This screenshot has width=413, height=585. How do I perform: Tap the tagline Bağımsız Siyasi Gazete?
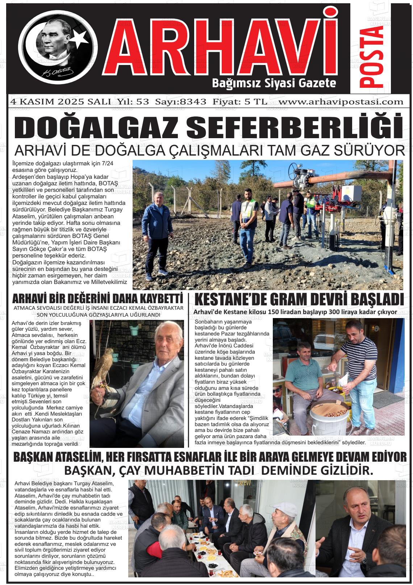click(x=274, y=83)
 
